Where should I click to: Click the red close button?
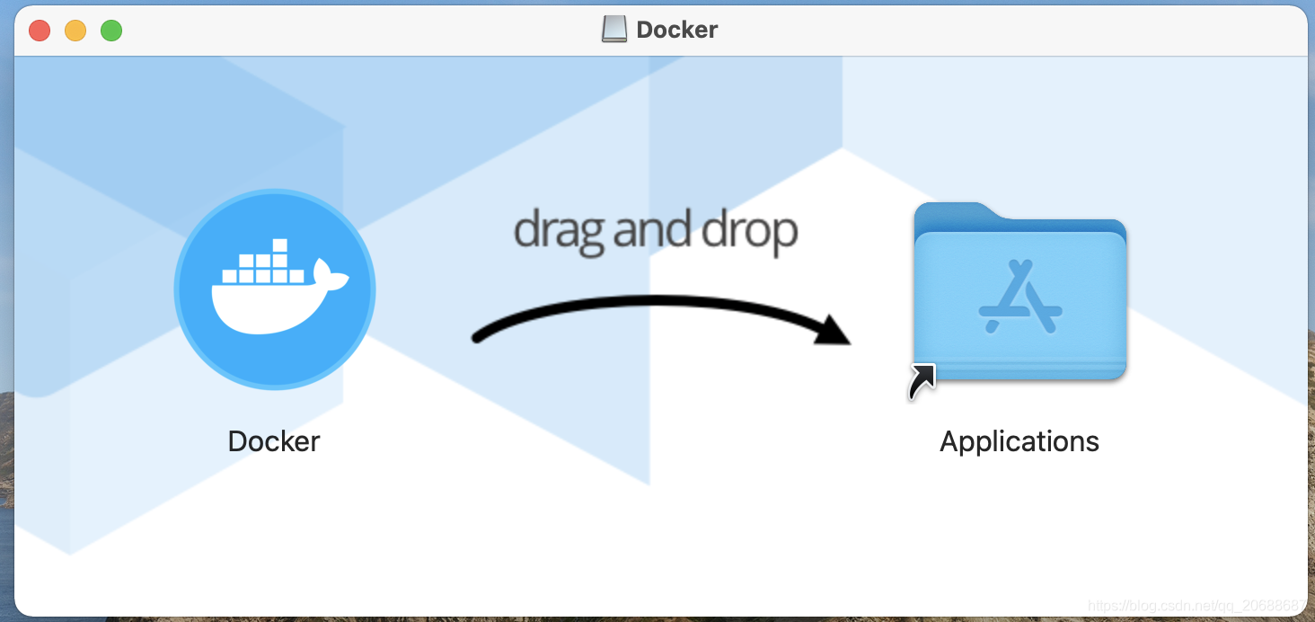(40, 31)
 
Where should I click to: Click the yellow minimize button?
(75, 31)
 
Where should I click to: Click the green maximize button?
(111, 31)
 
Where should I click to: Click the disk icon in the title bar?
(614, 30)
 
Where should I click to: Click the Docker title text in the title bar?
(677, 30)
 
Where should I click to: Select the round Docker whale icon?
(275, 289)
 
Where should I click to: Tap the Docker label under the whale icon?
(274, 441)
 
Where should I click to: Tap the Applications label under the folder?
(1019, 441)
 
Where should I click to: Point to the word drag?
(559, 231)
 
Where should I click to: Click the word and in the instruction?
(653, 231)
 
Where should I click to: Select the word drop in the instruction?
(749, 231)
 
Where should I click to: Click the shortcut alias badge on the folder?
(922, 380)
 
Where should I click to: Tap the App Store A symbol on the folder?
(1020, 296)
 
